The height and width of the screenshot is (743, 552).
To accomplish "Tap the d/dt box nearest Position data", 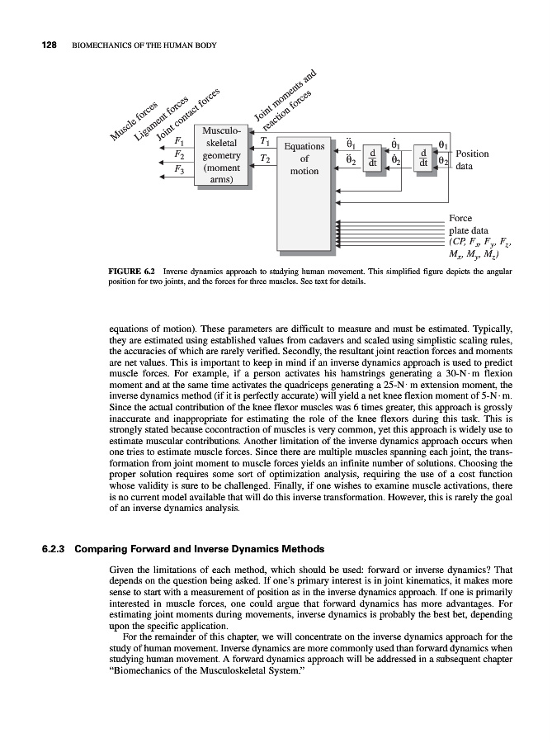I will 422,157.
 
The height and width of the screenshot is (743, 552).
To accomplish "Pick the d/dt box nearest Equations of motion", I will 373,157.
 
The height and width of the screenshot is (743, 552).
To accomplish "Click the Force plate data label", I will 471,225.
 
